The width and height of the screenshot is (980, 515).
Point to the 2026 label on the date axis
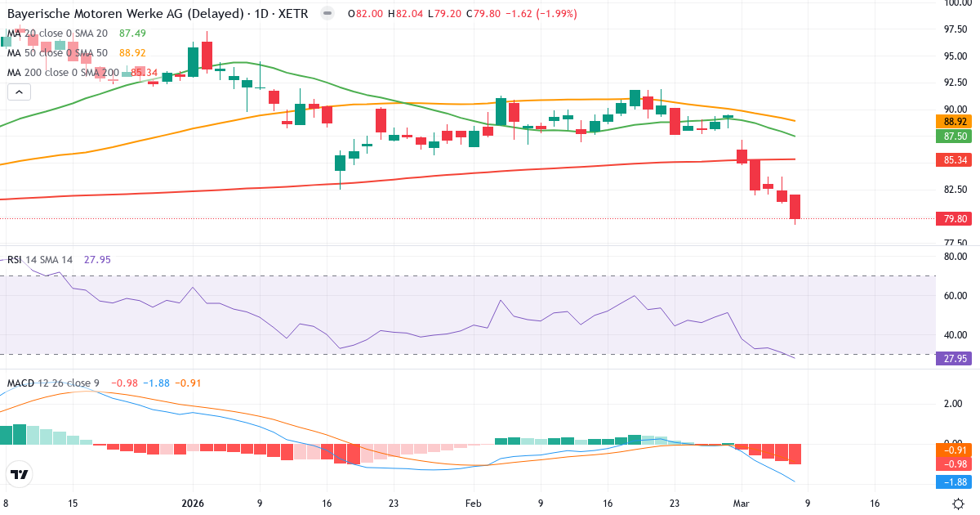(193, 504)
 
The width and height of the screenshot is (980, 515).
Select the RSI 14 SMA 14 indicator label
(41, 259)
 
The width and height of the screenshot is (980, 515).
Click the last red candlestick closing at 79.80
(795, 207)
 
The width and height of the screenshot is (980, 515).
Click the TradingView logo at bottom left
(19, 474)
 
